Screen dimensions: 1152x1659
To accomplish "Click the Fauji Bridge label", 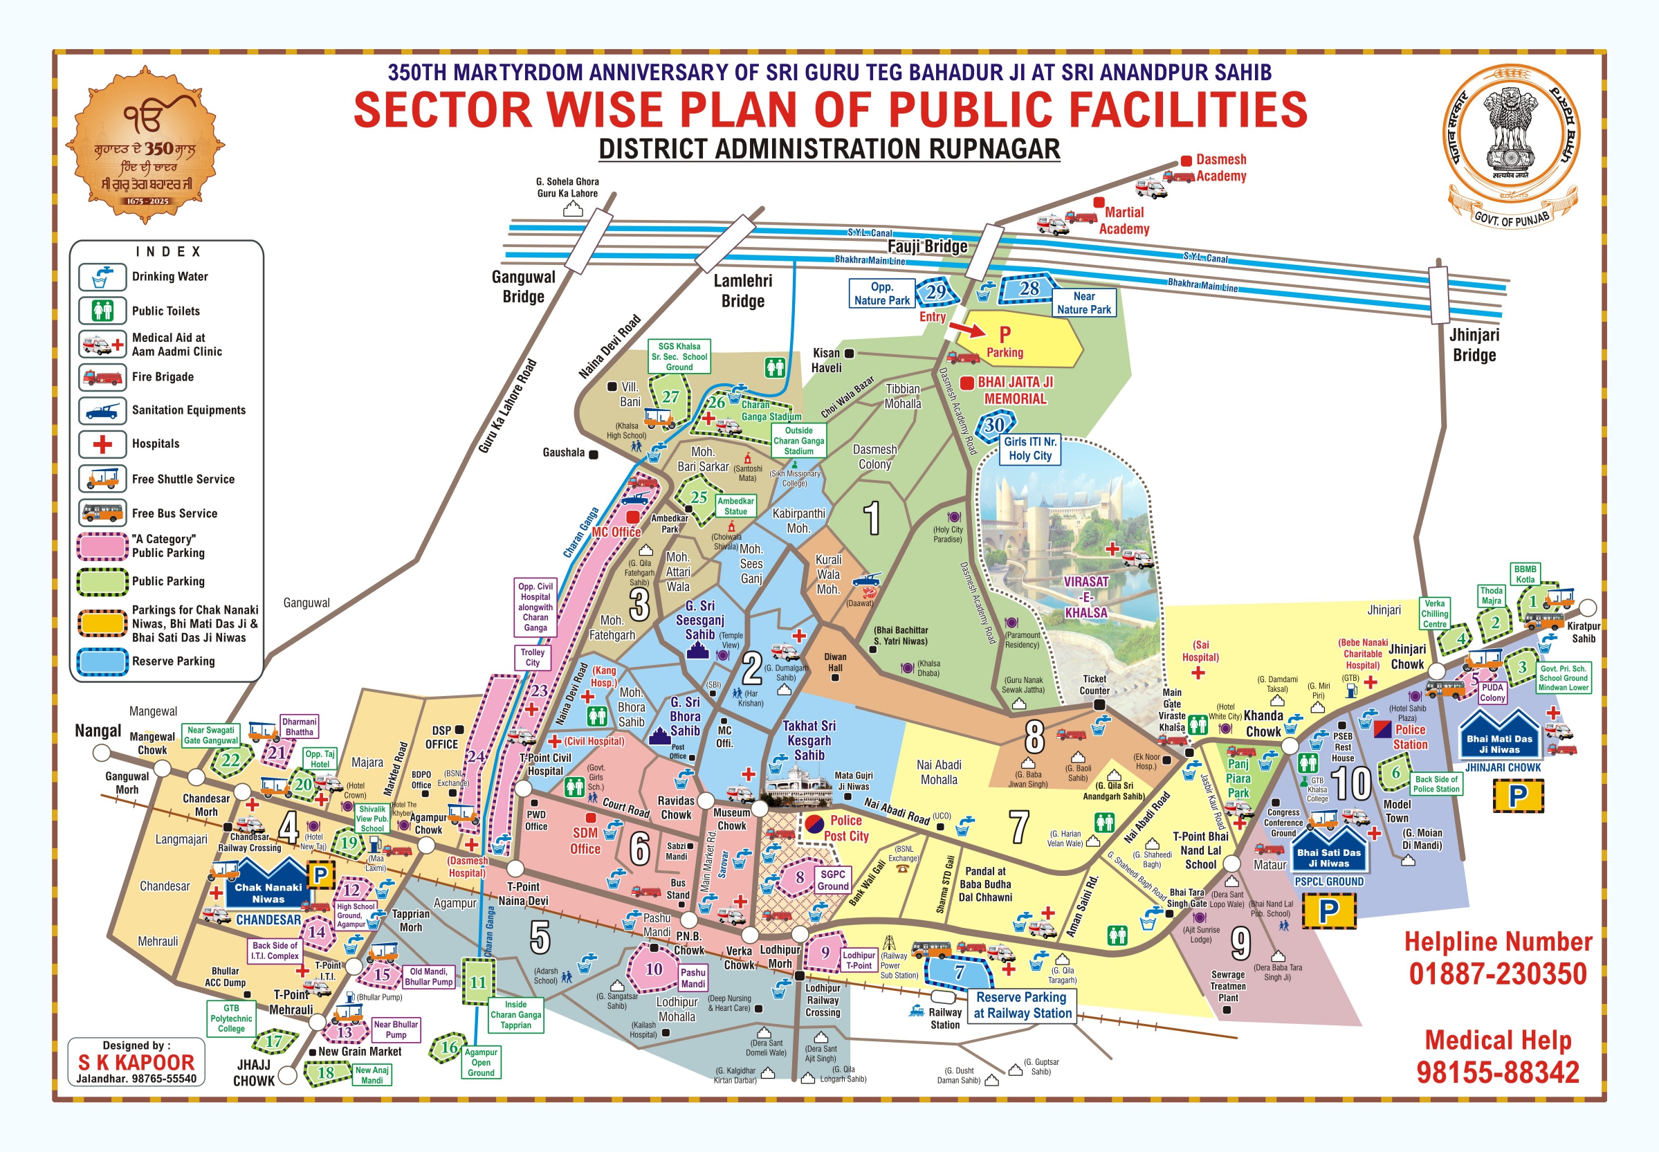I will click(x=927, y=247).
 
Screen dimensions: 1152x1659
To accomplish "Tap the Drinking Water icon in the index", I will click(x=102, y=277).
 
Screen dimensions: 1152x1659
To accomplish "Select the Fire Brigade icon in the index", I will click(x=102, y=377).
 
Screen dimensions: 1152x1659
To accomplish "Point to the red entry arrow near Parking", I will click(x=967, y=329).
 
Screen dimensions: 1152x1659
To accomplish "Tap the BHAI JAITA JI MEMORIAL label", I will click(x=1015, y=390).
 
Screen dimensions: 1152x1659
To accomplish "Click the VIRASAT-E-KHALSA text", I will click(x=1085, y=597).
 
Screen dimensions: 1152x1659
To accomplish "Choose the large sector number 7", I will click(x=1018, y=828).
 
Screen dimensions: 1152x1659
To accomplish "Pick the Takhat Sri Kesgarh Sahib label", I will click(x=809, y=740).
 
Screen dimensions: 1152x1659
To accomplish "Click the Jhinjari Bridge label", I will click(x=1474, y=345).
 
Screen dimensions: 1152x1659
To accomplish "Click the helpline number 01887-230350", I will click(x=1497, y=973).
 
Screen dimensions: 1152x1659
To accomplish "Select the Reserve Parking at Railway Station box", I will click(x=1021, y=1005).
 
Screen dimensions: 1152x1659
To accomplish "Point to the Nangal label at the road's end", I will click(x=98, y=731).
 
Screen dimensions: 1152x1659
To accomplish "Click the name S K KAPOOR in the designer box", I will click(x=136, y=1063).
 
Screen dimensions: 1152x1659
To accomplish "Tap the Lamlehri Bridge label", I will click(x=742, y=291).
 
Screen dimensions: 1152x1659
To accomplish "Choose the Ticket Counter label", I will click(x=1094, y=684).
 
